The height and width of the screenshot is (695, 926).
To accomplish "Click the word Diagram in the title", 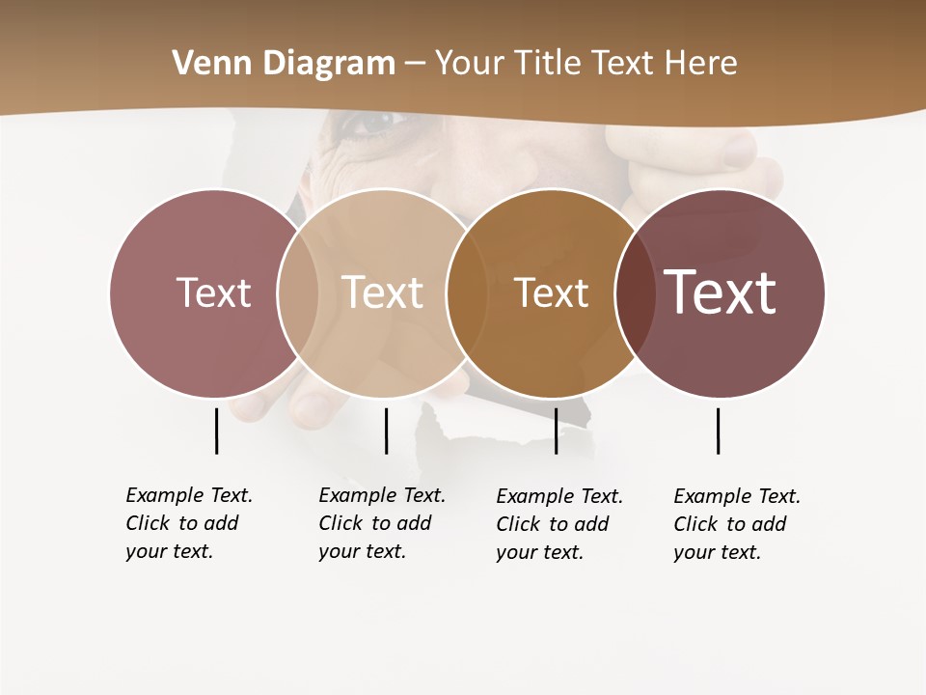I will [328, 64].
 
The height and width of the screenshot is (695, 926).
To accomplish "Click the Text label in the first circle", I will [213, 292].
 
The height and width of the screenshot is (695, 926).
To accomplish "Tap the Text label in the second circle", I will [382, 292].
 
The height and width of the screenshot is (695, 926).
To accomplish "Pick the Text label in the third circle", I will [551, 292].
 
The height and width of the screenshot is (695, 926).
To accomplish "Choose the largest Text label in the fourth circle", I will [720, 292].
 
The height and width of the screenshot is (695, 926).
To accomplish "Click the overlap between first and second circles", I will [298, 292].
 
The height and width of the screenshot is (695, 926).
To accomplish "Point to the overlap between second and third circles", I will [467, 292].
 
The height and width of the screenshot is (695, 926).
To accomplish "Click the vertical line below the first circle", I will [216, 431].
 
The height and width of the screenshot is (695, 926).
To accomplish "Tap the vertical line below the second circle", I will [386, 431].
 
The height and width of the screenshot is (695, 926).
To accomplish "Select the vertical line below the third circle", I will [556, 431].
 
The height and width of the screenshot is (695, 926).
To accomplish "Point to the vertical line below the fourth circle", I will [718, 431].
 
